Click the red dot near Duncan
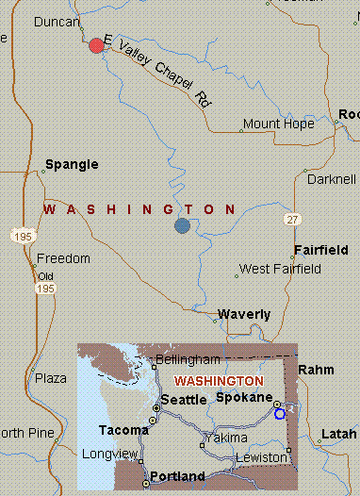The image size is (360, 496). (x=96, y=45)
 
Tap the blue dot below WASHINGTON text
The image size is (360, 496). (x=182, y=225)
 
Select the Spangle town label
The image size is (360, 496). (x=72, y=165)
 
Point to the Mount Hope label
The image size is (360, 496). (x=278, y=124)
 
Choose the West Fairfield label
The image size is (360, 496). (x=280, y=270)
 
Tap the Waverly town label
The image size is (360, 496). (x=244, y=315)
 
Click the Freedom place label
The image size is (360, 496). (x=63, y=258)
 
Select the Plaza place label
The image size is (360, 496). (x=51, y=378)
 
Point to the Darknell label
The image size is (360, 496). (x=331, y=179)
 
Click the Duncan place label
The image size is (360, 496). (x=56, y=21)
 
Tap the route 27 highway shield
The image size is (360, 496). (x=294, y=219)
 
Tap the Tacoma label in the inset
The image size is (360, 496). (x=123, y=430)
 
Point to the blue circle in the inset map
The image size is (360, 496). (x=279, y=413)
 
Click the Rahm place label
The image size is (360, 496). (x=316, y=371)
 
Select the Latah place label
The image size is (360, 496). (x=339, y=435)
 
